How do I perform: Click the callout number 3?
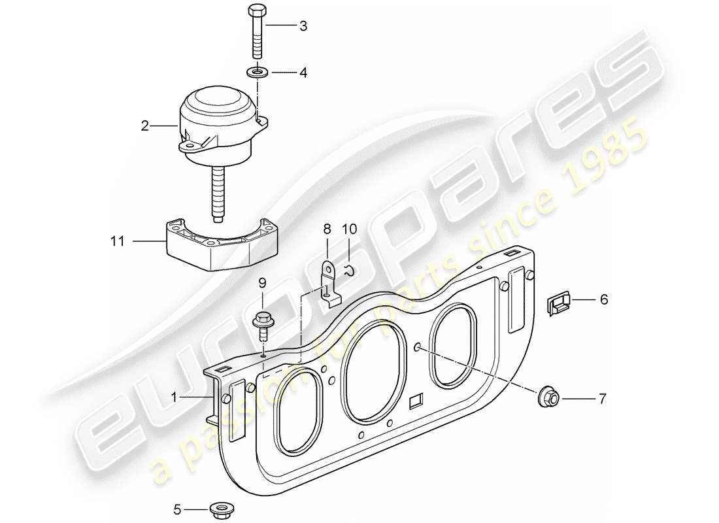pyautogui.click(x=303, y=27)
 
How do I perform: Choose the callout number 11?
pyautogui.click(x=117, y=242)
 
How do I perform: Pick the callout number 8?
pyautogui.click(x=327, y=229)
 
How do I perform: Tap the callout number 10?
pyautogui.click(x=349, y=229)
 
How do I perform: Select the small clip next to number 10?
pyautogui.click(x=350, y=270)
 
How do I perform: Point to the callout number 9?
pyautogui.click(x=262, y=283)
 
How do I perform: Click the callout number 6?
pyautogui.click(x=603, y=300)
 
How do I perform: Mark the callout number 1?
pyautogui.click(x=174, y=397)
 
